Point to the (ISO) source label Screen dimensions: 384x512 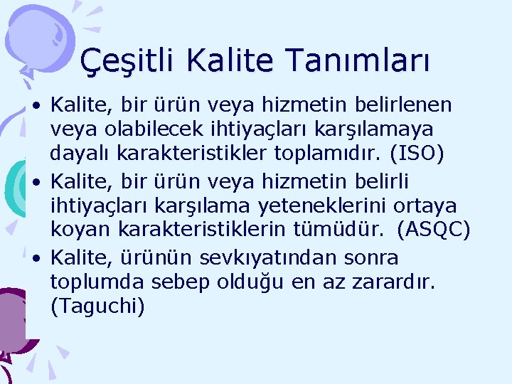[417, 154]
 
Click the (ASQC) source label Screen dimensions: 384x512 [433, 230]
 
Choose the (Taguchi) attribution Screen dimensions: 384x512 [97, 307]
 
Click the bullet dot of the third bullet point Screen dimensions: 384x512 [36, 257]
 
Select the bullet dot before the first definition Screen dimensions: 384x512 [36, 105]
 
